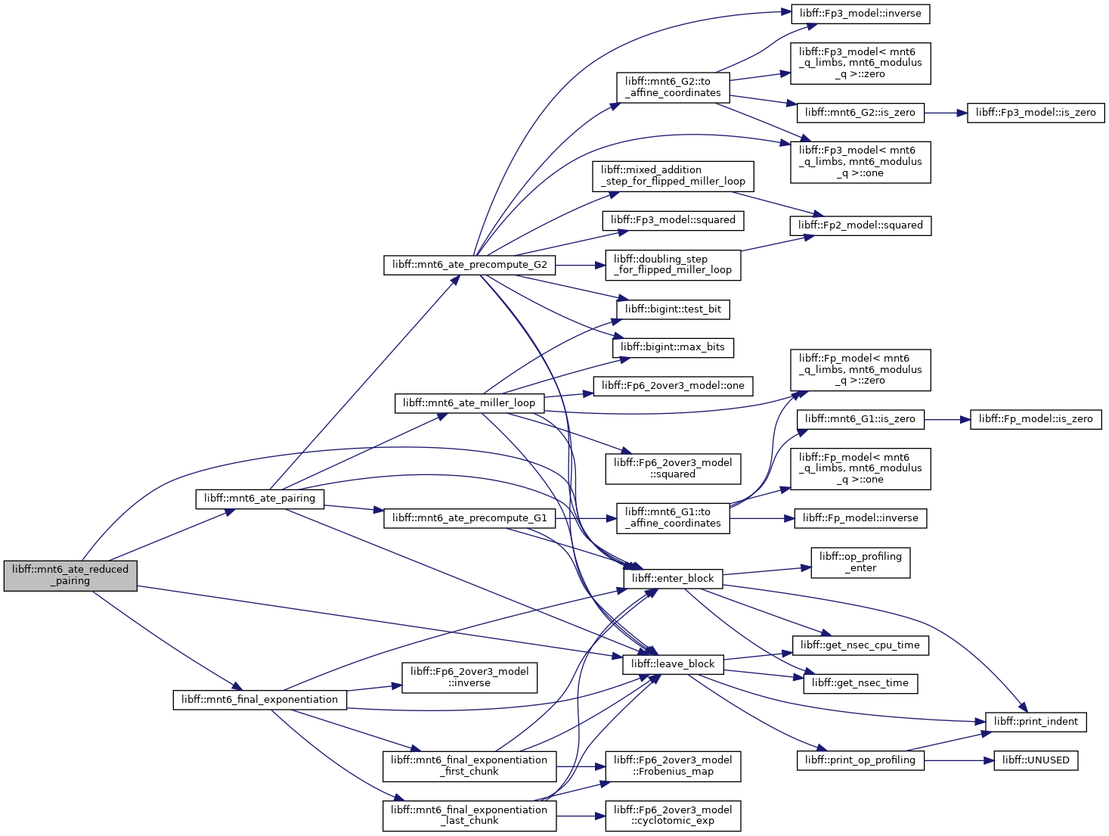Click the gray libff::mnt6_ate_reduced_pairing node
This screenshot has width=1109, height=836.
70,575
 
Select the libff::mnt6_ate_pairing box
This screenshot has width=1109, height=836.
260,499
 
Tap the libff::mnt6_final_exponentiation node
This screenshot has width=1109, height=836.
260,700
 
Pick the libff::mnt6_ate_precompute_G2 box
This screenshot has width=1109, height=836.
469,266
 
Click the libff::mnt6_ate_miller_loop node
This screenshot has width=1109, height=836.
469,403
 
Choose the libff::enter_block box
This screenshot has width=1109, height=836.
673,579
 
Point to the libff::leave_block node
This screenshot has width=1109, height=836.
673,664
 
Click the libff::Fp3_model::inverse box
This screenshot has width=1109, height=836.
860,14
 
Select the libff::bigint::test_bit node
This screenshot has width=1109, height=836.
673,309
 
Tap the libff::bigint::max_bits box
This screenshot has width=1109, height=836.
673,348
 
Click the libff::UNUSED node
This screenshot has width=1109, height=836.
1036,760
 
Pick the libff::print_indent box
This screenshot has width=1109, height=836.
1036,722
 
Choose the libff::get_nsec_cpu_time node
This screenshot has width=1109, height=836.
860,645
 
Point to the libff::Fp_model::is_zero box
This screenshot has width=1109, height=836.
1036,420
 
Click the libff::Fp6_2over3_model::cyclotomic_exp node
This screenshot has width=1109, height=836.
673,816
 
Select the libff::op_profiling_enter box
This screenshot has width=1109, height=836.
860,563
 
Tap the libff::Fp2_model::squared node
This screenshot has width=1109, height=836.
860,226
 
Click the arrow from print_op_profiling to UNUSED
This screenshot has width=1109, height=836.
959,760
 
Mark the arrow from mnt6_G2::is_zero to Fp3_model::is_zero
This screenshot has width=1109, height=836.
945,113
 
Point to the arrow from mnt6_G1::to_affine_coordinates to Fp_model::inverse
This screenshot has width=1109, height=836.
762,518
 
